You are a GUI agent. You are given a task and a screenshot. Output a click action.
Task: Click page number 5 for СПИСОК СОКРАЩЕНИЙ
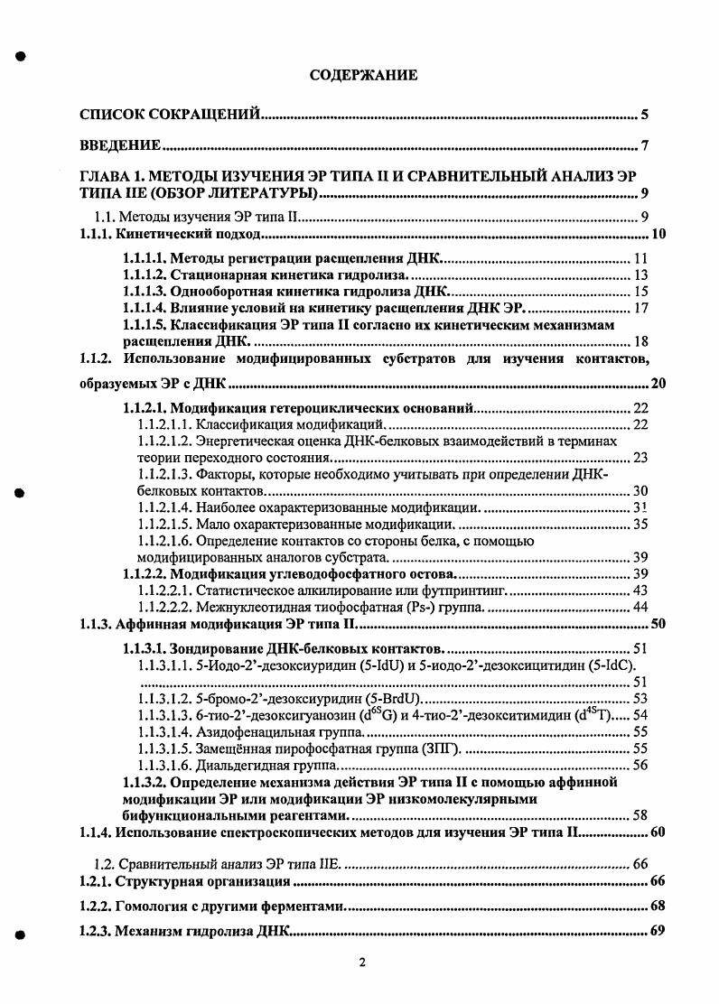[645, 114]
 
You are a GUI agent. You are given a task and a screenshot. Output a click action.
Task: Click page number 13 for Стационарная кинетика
[641, 274]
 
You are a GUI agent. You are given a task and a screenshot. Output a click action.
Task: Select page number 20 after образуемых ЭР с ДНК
[658, 383]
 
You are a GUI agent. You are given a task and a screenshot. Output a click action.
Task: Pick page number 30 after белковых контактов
[640, 491]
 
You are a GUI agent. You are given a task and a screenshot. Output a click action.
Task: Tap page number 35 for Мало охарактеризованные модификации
[640, 524]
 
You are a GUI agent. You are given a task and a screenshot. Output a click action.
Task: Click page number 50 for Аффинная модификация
[658, 623]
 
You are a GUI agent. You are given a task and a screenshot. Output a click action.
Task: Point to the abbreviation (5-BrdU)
[390, 698]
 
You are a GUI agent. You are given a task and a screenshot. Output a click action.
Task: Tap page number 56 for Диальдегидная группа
[640, 765]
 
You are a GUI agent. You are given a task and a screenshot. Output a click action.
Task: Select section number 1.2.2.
[94, 906]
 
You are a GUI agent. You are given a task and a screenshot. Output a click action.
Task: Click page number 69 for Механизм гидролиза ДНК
[658, 931]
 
